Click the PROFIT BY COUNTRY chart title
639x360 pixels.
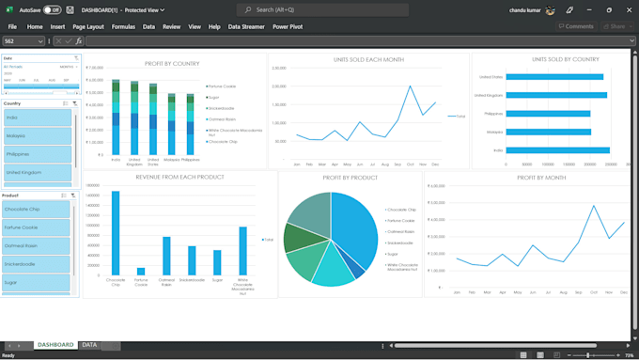[x=173, y=63]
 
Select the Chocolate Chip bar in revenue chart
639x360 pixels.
[x=116, y=232]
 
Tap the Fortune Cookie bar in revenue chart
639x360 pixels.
[x=141, y=271]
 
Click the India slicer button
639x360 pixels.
[x=39, y=117]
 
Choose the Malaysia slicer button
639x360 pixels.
[x=39, y=135]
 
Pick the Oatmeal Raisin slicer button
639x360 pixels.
[x=39, y=245]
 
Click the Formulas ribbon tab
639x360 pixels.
[x=123, y=27]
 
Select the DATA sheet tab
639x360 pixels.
[x=89, y=345]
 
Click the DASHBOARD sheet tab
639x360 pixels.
[x=55, y=345]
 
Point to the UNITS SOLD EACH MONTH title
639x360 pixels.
[x=368, y=59]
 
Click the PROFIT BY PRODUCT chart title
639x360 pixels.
[x=350, y=178]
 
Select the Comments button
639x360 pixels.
[x=575, y=26]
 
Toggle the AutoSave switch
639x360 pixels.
[x=52, y=9]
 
